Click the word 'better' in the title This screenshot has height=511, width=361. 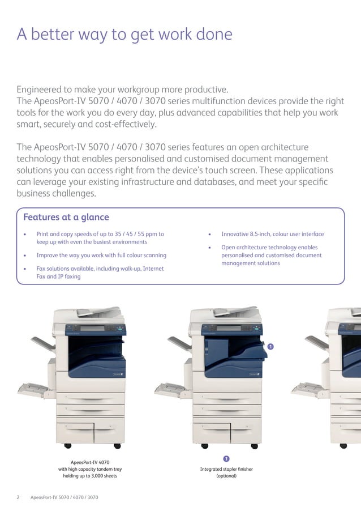[x=53, y=34]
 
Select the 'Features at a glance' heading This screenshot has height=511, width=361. [x=66, y=218]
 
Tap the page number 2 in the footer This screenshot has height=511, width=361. [x=18, y=497]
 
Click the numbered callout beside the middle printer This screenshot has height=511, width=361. [x=270, y=346]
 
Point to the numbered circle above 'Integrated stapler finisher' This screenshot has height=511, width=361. [x=226, y=459]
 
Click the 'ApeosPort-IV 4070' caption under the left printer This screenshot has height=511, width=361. [x=90, y=462]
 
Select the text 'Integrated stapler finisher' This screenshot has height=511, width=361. [x=226, y=469]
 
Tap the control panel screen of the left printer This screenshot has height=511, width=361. [x=92, y=329]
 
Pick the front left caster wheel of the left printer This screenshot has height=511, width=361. [x=68, y=445]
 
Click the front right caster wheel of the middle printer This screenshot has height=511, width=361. [x=255, y=446]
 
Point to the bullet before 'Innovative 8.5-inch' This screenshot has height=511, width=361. [x=209, y=235]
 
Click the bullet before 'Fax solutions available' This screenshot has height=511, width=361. [x=25, y=269]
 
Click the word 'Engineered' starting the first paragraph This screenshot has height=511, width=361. [x=39, y=90]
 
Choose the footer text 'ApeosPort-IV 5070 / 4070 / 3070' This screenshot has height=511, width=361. [x=64, y=497]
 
